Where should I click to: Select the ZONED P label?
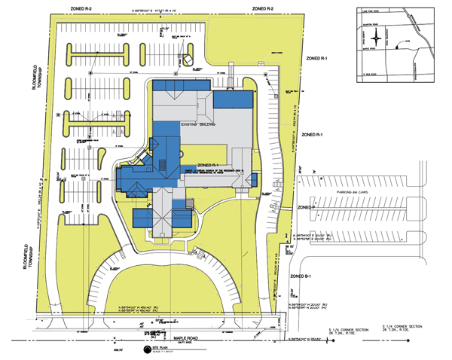305,206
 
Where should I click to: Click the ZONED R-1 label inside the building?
207,164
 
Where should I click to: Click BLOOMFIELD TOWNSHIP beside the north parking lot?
13,98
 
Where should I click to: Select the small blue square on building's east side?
255,179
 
